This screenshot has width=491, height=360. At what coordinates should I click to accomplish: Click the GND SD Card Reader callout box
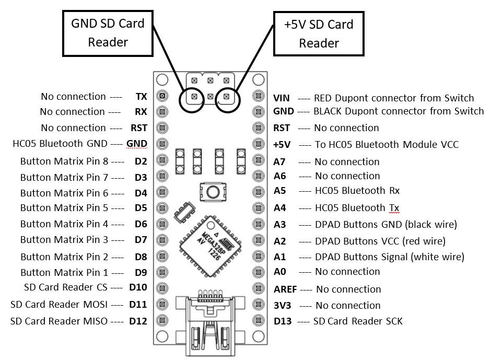point(108,33)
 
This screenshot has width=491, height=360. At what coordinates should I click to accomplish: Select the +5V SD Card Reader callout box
point(319,34)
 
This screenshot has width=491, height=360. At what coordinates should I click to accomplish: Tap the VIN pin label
point(281,98)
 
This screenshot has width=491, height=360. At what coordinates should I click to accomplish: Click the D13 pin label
point(283,321)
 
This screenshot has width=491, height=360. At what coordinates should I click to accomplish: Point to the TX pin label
point(141,97)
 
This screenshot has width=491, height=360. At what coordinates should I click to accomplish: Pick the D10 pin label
point(138,287)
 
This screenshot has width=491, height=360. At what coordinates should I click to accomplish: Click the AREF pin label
point(285,289)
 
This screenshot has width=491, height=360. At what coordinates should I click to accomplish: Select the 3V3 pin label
point(282,306)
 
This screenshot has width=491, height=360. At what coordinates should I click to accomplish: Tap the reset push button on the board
point(213,191)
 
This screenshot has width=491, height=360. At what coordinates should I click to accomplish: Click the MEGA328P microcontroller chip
point(211,246)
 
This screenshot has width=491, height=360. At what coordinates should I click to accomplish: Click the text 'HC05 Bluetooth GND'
point(60,144)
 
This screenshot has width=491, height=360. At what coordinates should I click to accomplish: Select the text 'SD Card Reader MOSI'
point(59,305)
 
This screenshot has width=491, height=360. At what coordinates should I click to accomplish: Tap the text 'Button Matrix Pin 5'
point(64,208)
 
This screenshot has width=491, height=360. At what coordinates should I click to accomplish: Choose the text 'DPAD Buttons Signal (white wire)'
point(390,257)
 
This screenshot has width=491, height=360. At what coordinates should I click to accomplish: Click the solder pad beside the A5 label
point(259,191)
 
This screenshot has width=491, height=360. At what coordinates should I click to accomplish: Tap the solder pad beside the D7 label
point(162,240)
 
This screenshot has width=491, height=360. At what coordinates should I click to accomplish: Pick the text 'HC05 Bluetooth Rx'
point(357,191)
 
